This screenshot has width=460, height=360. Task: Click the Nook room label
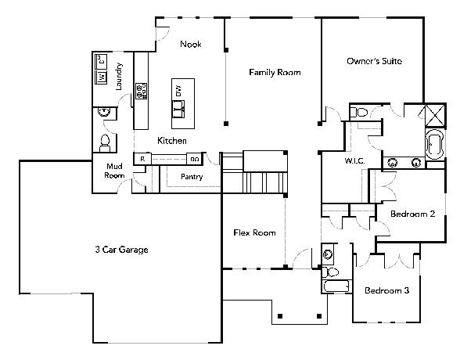(x=191, y=45)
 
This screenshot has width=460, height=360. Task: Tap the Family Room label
(x=275, y=73)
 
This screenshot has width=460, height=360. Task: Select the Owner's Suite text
(x=374, y=61)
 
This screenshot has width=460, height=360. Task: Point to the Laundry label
(x=119, y=76)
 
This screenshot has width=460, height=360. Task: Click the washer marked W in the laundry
(x=102, y=77)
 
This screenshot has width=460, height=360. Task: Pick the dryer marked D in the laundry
(x=102, y=61)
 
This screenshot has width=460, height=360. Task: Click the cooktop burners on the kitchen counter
(x=141, y=91)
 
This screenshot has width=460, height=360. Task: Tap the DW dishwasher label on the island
(x=178, y=91)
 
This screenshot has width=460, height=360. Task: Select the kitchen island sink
(x=178, y=109)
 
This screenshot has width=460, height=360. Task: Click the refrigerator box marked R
(x=142, y=159)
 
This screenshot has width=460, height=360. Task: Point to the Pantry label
(x=192, y=177)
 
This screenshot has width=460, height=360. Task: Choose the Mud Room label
(x=114, y=171)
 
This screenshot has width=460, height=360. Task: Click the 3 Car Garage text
(x=121, y=250)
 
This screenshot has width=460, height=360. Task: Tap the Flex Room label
(x=255, y=233)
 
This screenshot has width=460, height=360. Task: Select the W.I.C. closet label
(x=354, y=160)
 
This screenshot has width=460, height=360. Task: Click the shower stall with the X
(x=435, y=115)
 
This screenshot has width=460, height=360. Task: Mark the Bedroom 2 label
(x=412, y=214)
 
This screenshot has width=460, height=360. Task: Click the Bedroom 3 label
(x=387, y=290)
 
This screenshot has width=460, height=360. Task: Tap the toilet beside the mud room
(x=105, y=142)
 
